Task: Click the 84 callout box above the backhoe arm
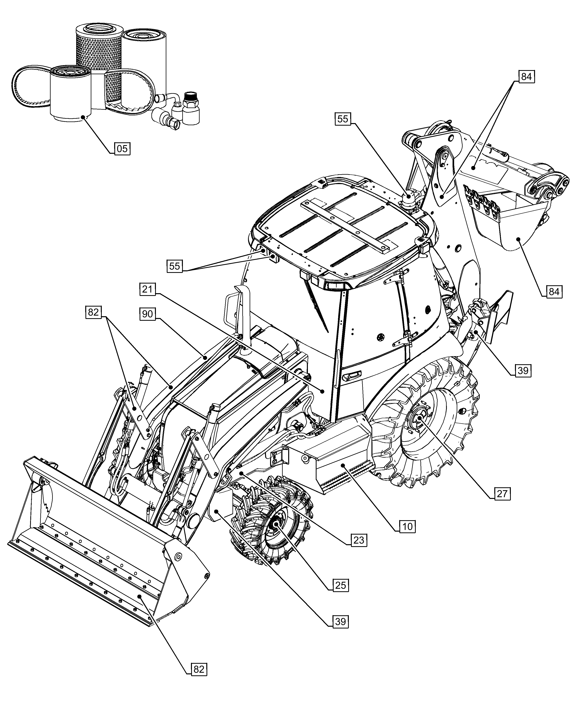coord(526,77)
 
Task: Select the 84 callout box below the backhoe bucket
coord(554,292)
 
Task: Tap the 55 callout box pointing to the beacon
coord(343,119)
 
